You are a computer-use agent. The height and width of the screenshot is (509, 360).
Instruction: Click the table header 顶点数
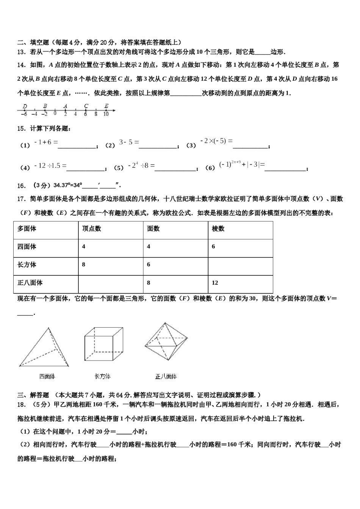click(x=91, y=229)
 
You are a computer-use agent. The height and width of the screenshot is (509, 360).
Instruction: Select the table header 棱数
click(x=218, y=229)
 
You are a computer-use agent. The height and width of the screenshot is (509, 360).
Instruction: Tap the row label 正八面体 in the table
click(x=30, y=283)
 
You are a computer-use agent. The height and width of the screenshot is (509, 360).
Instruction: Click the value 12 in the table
click(x=215, y=283)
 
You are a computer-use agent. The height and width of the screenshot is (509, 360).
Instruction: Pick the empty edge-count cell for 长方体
click(x=240, y=265)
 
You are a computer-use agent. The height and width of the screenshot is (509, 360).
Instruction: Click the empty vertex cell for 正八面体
click(x=111, y=283)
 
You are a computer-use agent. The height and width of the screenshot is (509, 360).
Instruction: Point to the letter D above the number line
click(x=25, y=106)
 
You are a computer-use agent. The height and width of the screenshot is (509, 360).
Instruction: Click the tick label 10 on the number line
click(x=106, y=114)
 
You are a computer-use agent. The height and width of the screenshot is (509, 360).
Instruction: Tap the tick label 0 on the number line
click(x=55, y=113)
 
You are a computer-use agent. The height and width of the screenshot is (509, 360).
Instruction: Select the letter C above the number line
click(x=86, y=106)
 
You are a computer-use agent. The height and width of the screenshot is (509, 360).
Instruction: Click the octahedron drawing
click(x=166, y=341)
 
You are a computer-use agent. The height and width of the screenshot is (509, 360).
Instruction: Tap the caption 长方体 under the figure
click(x=102, y=376)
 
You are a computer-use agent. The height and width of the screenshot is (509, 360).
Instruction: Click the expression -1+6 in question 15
click(x=46, y=142)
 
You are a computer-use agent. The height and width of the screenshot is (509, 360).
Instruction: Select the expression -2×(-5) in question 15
click(x=216, y=141)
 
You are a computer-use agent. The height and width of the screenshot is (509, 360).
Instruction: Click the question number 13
click(x=21, y=52)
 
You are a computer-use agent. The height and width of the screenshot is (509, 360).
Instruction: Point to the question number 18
click(x=21, y=404)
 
